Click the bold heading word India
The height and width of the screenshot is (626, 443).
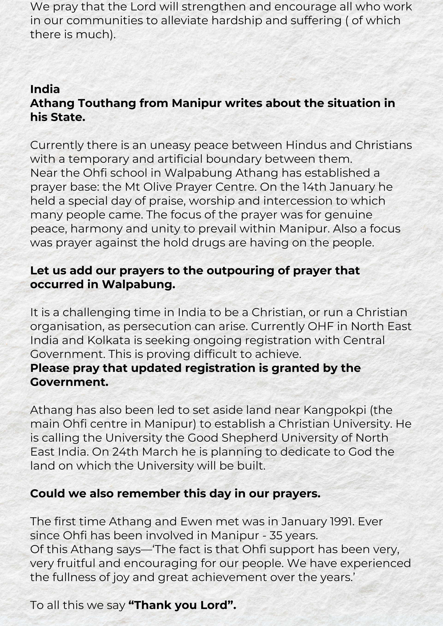45,89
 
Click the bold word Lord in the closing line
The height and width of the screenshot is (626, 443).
214,605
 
